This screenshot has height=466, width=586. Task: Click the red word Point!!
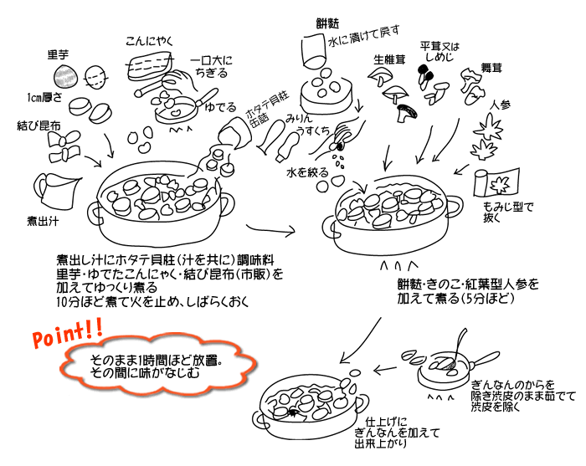pyautogui.click(x=67, y=338)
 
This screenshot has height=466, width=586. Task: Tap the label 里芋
pyautogui.click(x=58, y=54)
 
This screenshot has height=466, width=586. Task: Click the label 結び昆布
pyautogui.click(x=39, y=125)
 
